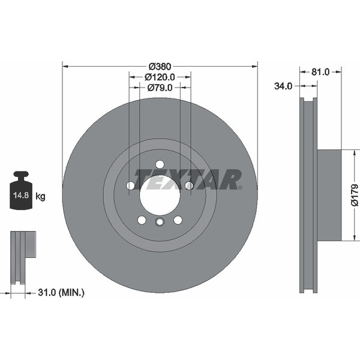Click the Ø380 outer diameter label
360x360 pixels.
pyautogui.click(x=160, y=67)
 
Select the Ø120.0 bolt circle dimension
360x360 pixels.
pyautogui.click(x=160, y=77)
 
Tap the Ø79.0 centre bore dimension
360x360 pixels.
pyautogui.click(x=160, y=88)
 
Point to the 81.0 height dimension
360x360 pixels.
pyautogui.click(x=320, y=72)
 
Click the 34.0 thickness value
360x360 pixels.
pyautogui.click(x=283, y=86)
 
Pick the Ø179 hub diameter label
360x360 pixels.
pyautogui.click(x=355, y=195)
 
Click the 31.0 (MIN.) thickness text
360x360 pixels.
pyautogui.click(x=61, y=293)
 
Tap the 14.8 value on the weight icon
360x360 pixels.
pyautogui.click(x=21, y=196)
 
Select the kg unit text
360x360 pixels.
pyautogui.click(x=41, y=197)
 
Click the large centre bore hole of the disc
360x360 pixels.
pyautogui.click(x=160, y=194)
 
